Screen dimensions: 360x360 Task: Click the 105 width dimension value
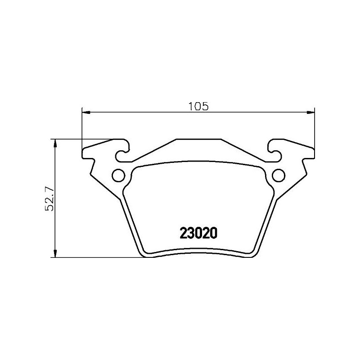pyautogui.click(x=198, y=107)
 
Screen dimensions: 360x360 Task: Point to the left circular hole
pyautogui.click(x=118, y=175)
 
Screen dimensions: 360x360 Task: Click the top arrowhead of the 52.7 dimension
pyautogui.click(x=55, y=142)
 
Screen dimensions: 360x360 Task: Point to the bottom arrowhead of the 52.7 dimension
pyautogui.click(x=55, y=254)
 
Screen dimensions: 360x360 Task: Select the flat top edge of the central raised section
pyautogui.click(x=198, y=139)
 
